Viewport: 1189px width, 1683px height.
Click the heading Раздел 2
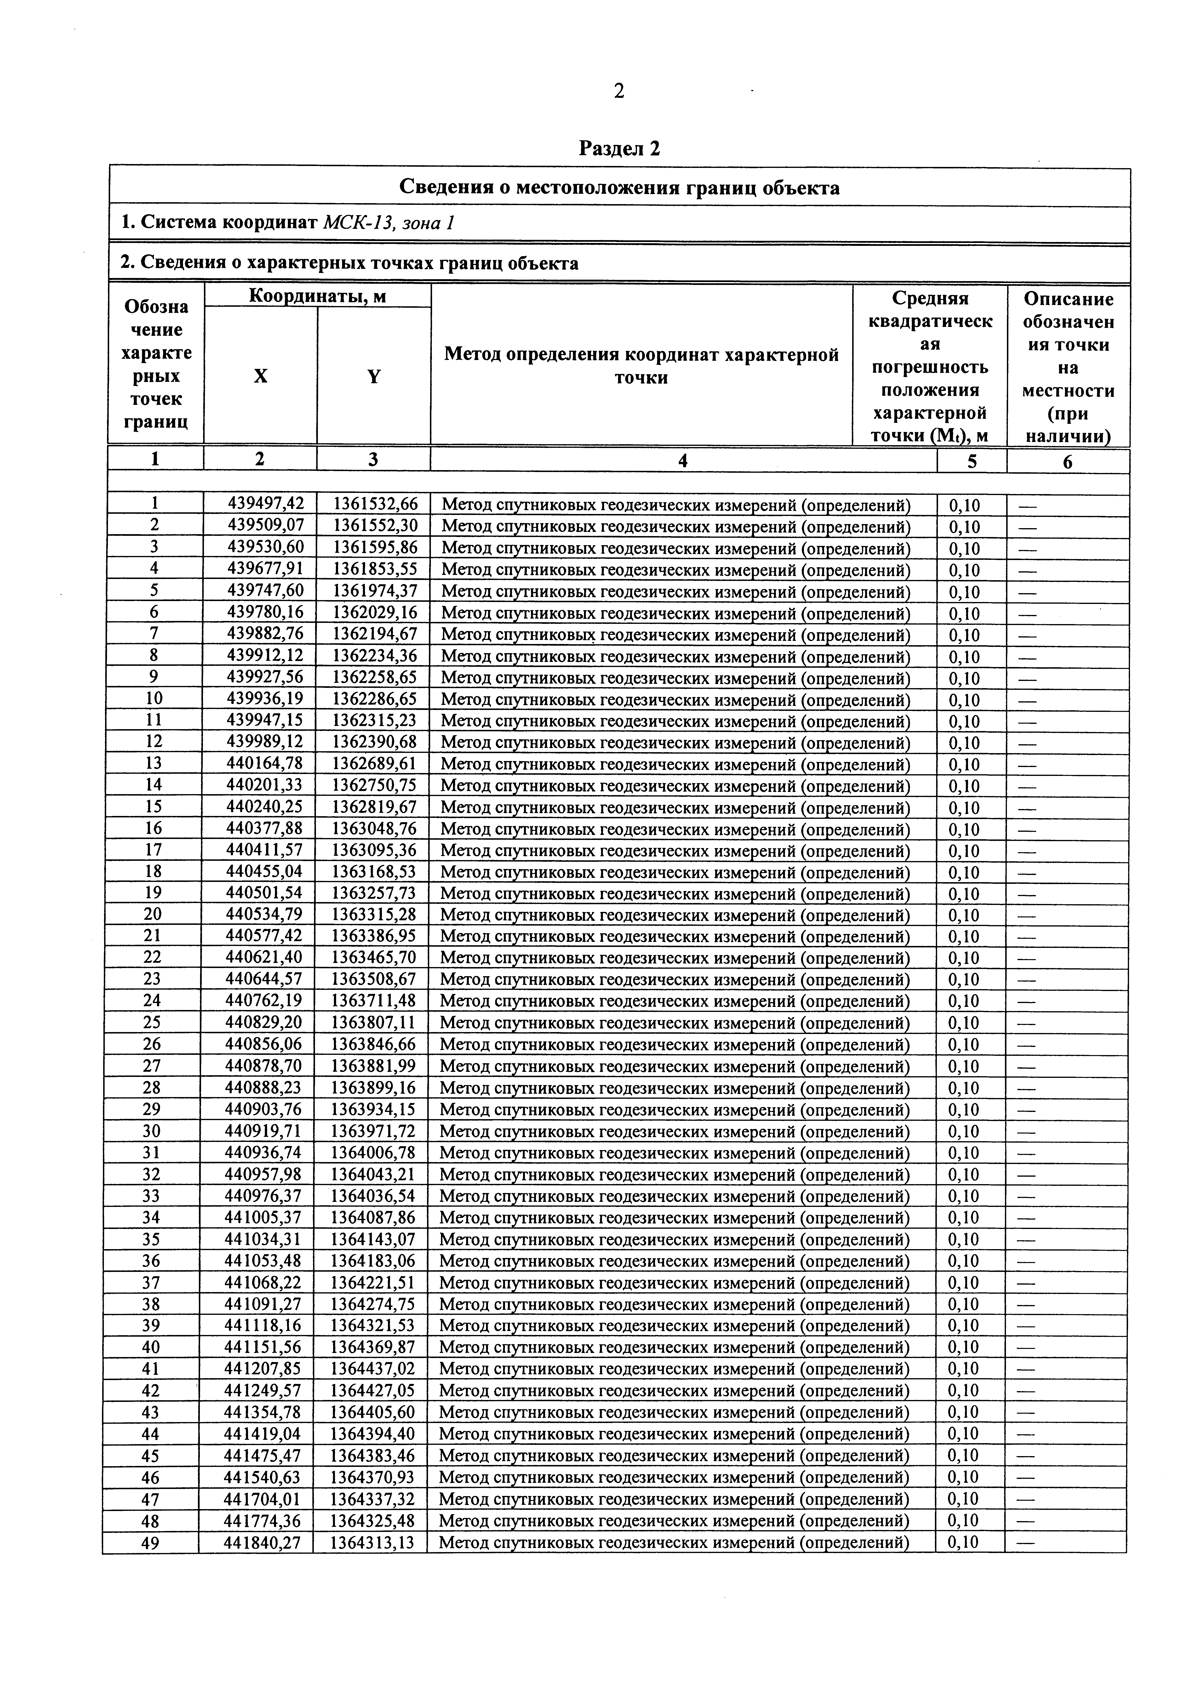[619, 149]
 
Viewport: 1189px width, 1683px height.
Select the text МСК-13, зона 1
[388, 222]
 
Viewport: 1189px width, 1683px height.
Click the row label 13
[154, 764]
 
